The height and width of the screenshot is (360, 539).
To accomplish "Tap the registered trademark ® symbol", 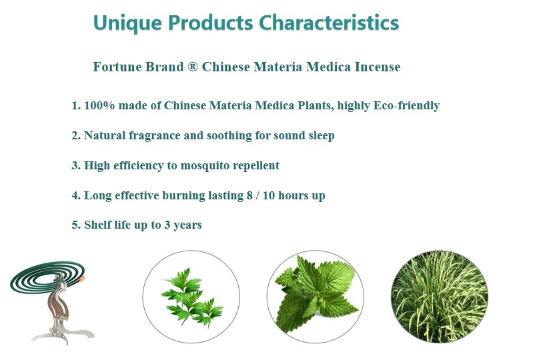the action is pyautogui.click(x=193, y=66).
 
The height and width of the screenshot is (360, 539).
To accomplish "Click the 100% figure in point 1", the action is pyautogui.click(x=99, y=105).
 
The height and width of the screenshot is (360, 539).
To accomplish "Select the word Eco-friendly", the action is pyautogui.click(x=407, y=105).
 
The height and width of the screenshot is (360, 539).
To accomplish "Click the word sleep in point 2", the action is pyautogui.click(x=322, y=136).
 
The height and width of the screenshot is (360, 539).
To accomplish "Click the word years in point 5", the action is pyautogui.click(x=187, y=225).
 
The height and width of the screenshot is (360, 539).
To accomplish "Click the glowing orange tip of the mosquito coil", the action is pyautogui.click(x=82, y=279).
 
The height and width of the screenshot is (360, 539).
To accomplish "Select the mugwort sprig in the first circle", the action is pyautogui.click(x=191, y=297).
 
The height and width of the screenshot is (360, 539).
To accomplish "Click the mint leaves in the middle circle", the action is pyautogui.click(x=316, y=295).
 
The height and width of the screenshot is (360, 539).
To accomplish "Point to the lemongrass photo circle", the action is pyautogui.click(x=440, y=296).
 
